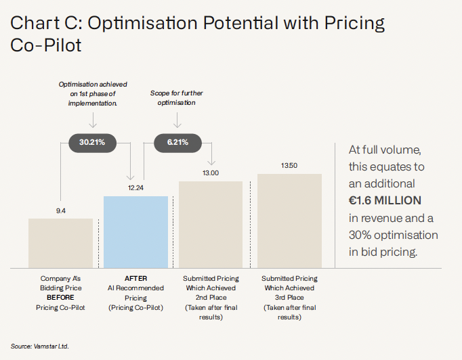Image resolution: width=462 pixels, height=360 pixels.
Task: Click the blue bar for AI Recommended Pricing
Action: [x=135, y=231]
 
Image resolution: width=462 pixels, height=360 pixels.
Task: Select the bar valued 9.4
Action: [x=60, y=243]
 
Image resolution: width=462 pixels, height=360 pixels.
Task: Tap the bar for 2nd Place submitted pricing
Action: [x=210, y=224]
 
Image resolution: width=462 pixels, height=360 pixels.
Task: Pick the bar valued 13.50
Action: [x=289, y=221]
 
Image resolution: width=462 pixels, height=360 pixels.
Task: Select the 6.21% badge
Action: [x=176, y=142]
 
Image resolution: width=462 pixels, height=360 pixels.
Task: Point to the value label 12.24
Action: [x=135, y=188]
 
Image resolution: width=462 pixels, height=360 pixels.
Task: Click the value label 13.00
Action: [x=210, y=173]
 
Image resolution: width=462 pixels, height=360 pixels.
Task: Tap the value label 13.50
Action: [x=289, y=166]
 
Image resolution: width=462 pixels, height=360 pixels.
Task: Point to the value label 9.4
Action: [x=60, y=210]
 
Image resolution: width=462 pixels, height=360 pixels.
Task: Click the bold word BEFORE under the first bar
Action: [x=60, y=298]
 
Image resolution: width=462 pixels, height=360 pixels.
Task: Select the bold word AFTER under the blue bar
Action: [x=135, y=278]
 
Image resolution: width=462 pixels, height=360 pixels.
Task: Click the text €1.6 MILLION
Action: [x=385, y=200]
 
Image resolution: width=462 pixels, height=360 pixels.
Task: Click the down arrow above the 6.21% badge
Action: [x=177, y=120]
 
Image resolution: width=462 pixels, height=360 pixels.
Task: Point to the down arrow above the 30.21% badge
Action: [x=93, y=120]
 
